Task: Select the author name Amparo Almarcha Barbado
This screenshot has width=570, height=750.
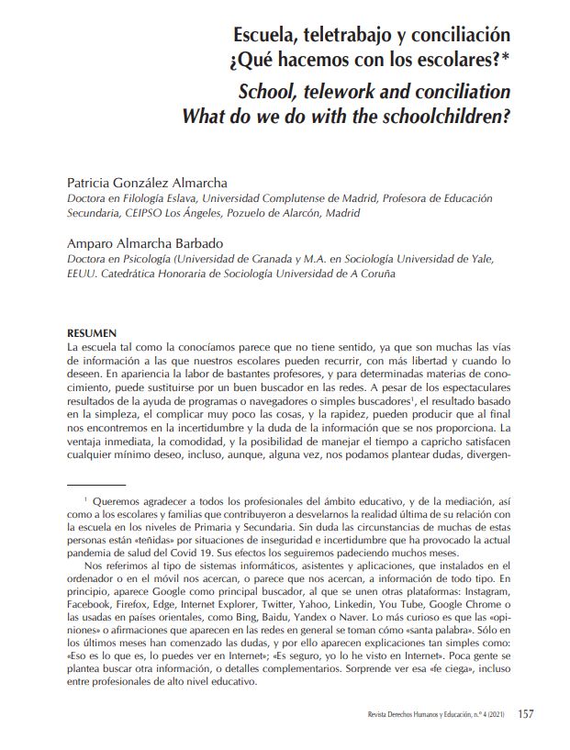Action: pos(145,245)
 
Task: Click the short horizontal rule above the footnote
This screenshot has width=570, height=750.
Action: pos(96,484)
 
